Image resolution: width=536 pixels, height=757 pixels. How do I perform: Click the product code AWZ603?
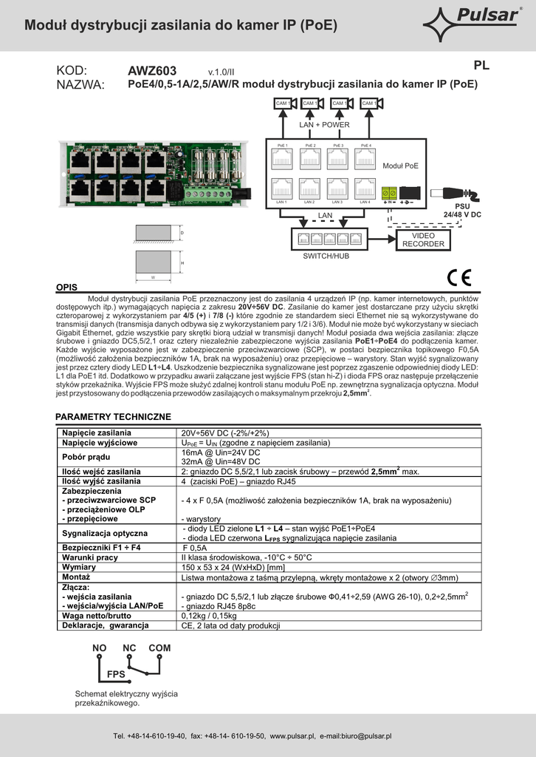click(152, 71)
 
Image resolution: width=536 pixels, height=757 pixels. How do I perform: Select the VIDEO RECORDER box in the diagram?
click(423, 240)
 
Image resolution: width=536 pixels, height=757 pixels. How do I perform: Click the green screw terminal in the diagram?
click(390, 192)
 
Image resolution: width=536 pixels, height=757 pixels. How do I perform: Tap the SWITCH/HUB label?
click(326, 256)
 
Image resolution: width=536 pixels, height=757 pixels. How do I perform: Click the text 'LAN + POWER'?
click(324, 125)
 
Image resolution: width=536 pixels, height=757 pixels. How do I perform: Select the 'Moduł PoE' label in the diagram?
click(400, 166)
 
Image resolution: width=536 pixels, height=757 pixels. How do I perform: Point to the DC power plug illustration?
click(456, 193)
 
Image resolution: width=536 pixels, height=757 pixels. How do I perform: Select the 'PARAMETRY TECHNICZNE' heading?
click(113, 417)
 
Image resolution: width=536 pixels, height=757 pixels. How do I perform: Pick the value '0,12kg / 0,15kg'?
click(209, 615)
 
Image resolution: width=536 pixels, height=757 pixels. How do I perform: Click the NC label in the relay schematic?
click(130, 648)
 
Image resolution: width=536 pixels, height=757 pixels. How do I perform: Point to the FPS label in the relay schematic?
click(116, 675)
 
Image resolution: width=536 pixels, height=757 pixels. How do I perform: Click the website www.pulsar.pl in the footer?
click(293, 736)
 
